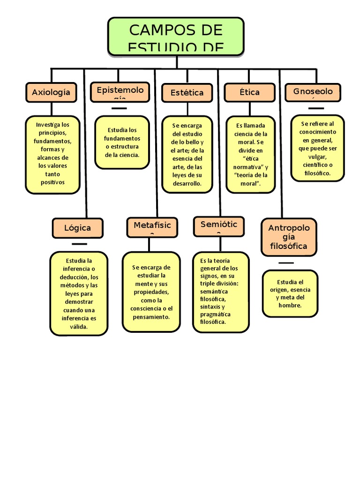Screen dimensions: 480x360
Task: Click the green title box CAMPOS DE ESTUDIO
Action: click(x=176, y=36)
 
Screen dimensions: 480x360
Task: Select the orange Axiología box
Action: click(x=51, y=92)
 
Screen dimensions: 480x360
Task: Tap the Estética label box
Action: click(x=187, y=92)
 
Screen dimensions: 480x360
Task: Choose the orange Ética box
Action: click(x=249, y=92)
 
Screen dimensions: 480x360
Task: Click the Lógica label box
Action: click(x=77, y=228)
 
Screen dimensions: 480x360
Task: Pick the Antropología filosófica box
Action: click(x=288, y=237)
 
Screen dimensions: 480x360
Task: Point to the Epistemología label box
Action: click(x=120, y=90)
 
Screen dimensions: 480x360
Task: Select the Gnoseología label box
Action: click(x=313, y=92)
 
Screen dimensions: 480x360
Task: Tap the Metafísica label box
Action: click(x=152, y=226)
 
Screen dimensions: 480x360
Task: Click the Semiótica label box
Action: click(x=219, y=225)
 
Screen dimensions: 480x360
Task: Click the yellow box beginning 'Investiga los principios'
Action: click(x=52, y=154)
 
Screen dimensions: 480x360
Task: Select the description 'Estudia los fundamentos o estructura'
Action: click(x=122, y=142)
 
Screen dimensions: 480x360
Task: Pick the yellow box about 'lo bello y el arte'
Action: click(x=187, y=154)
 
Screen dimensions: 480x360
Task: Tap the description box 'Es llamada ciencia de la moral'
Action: click(x=250, y=154)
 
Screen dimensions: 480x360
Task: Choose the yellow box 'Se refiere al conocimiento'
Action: click(x=317, y=148)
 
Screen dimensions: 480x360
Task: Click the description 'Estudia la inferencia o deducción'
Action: click(x=79, y=293)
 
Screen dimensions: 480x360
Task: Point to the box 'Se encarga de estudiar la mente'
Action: click(x=151, y=292)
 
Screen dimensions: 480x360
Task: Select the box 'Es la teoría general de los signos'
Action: click(x=221, y=292)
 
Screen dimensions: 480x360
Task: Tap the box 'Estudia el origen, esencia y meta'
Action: click(x=290, y=293)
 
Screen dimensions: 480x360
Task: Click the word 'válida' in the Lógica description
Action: click(x=78, y=327)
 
